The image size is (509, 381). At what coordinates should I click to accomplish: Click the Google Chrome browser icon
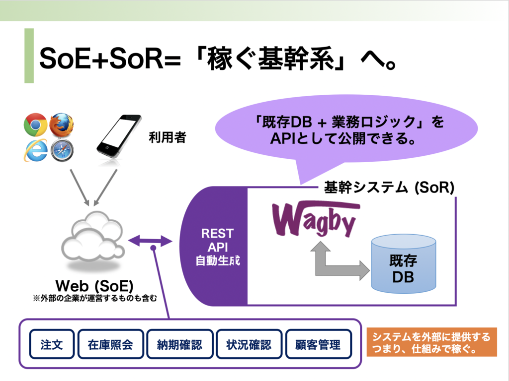(35, 125)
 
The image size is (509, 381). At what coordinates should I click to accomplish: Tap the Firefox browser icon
(61, 125)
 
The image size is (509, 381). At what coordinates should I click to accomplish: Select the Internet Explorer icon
(36, 150)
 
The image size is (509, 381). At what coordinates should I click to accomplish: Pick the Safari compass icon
(62, 150)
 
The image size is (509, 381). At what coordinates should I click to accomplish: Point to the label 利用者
(168, 137)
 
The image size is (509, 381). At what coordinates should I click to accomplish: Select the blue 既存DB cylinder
(404, 264)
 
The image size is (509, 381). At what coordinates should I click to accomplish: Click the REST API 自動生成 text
(218, 247)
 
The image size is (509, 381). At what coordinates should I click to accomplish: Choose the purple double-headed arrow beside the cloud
(150, 241)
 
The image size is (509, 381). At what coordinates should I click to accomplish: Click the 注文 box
(52, 344)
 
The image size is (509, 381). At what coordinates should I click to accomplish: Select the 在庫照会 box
(110, 344)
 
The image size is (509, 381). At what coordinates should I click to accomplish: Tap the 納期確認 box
(180, 344)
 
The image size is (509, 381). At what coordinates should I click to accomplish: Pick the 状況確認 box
(249, 344)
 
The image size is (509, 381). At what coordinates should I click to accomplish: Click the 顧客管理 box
(318, 344)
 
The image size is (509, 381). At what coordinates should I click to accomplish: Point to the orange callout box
(432, 342)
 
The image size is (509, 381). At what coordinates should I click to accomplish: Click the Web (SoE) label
(94, 286)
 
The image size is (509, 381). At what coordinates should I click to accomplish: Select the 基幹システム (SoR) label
(389, 187)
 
